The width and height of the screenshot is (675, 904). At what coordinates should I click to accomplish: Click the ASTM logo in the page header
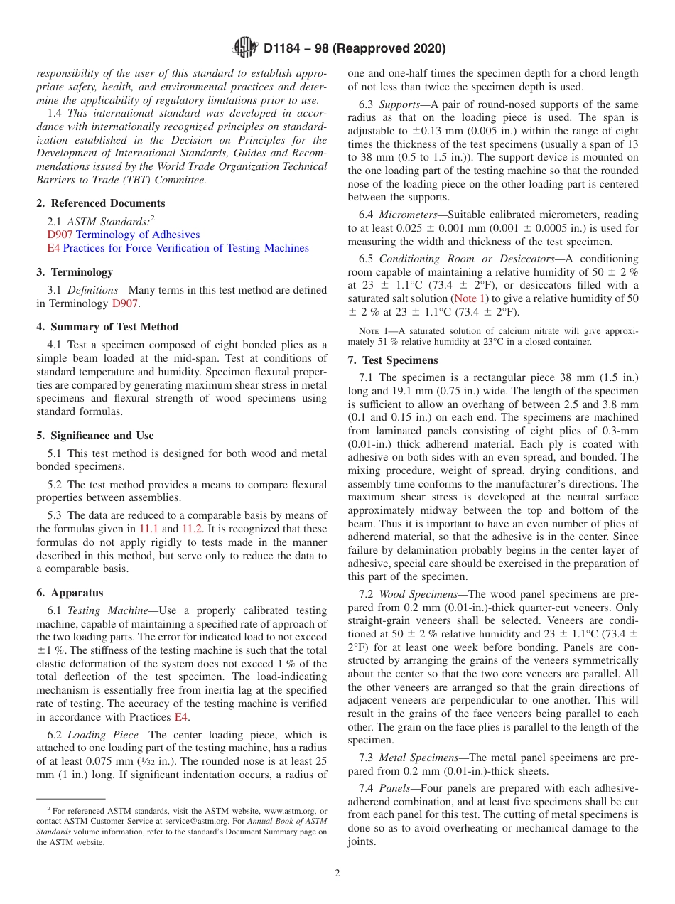[246, 48]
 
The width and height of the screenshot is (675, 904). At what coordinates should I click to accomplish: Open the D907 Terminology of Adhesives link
[124, 235]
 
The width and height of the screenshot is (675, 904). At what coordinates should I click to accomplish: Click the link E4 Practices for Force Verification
[178, 248]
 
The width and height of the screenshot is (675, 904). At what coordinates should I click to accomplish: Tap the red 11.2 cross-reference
[210, 529]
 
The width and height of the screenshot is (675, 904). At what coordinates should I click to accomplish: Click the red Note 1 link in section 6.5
[470, 298]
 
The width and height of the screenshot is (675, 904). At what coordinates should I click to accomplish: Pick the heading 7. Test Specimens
[393, 360]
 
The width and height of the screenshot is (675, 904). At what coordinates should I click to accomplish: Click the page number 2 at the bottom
[337, 873]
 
